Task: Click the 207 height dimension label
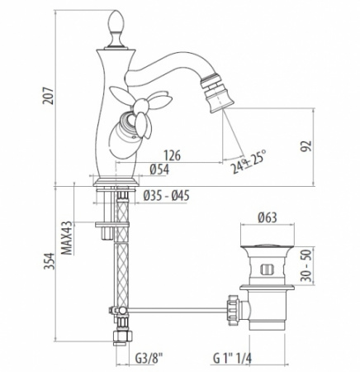click(48, 96)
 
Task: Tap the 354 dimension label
click(50, 261)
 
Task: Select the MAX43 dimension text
click(67, 238)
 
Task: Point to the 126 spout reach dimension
click(173, 155)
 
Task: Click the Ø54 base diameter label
click(159, 169)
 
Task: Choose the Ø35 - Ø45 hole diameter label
click(167, 196)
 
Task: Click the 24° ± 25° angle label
click(249, 162)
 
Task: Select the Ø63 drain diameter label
click(268, 217)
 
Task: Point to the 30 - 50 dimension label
click(306, 265)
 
